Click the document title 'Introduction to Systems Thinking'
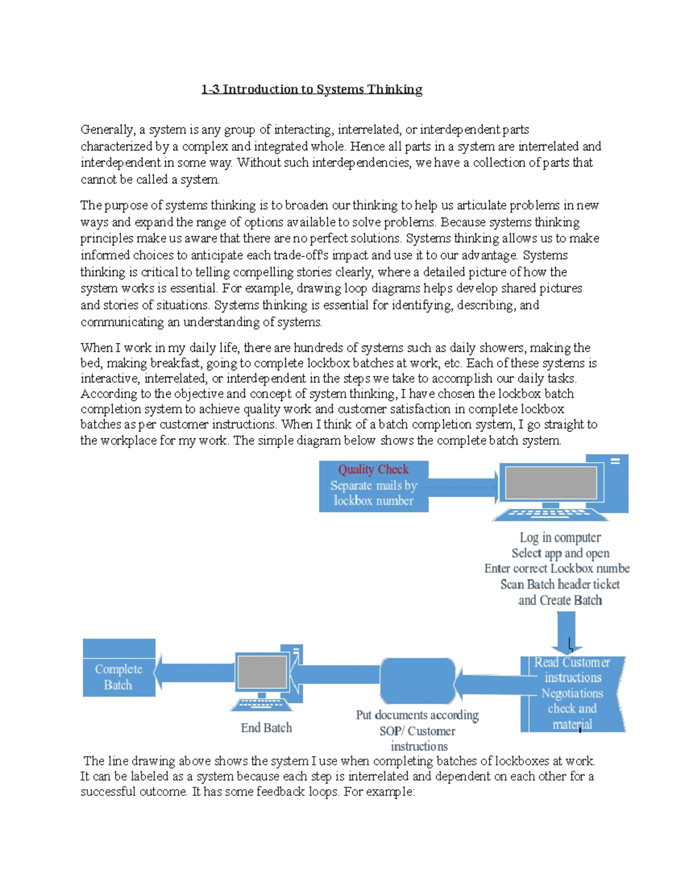point(322,90)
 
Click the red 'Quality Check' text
point(373,470)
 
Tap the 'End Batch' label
point(266,728)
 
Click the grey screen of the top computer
point(550,483)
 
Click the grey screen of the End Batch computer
point(262,671)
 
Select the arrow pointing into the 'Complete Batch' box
point(194,672)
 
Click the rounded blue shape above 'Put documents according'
point(417,681)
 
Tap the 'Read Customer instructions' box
point(573,693)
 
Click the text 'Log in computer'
point(559,537)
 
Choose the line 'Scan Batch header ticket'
point(559,584)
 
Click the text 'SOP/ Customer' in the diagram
point(417,731)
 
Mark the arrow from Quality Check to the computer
point(462,486)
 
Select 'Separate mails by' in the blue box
point(373,486)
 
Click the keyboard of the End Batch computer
point(261,705)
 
